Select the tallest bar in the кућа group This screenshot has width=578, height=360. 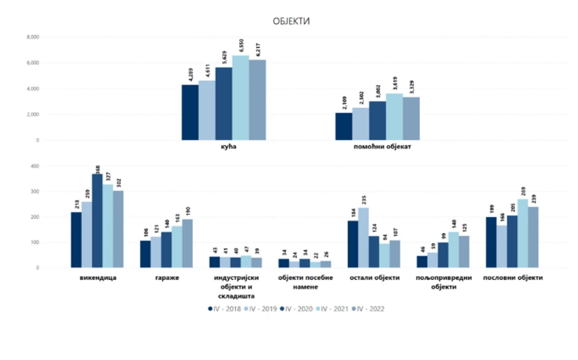(x=240, y=98)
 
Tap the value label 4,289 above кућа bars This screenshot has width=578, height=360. (x=191, y=76)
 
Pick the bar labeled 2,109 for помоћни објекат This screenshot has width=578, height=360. (x=344, y=127)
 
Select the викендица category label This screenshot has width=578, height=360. (x=98, y=278)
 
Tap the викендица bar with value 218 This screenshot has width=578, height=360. (x=76, y=240)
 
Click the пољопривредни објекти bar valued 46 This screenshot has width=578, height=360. (x=422, y=262)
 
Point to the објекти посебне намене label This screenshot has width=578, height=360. (x=306, y=282)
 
